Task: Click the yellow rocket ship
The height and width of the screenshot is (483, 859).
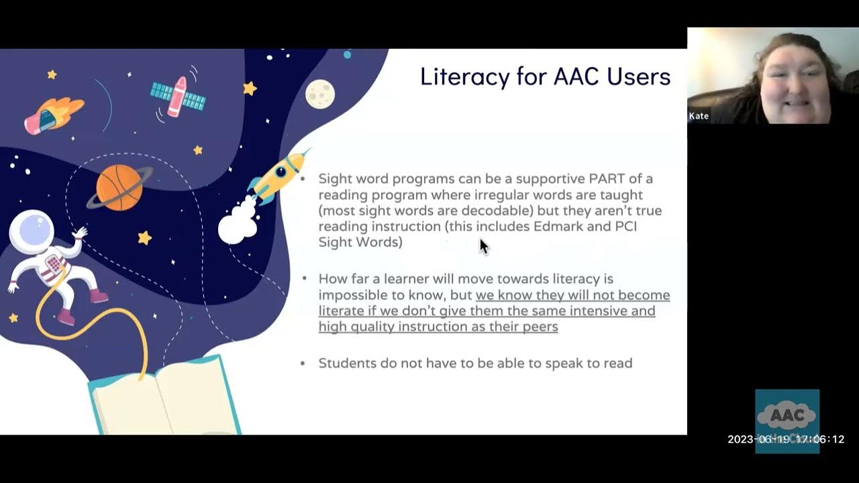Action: tap(280, 176)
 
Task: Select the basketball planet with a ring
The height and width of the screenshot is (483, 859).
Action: tap(119, 187)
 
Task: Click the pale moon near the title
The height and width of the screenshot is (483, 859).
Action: tap(320, 93)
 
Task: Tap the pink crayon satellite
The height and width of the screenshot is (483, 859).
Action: tap(178, 96)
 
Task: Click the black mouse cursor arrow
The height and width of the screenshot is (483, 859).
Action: tap(484, 246)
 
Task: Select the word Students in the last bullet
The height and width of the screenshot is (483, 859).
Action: tap(345, 363)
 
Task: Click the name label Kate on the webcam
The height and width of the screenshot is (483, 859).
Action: tap(699, 116)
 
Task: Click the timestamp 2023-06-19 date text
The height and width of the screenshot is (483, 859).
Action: tap(759, 439)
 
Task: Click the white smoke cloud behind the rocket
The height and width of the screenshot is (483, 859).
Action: tap(237, 225)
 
